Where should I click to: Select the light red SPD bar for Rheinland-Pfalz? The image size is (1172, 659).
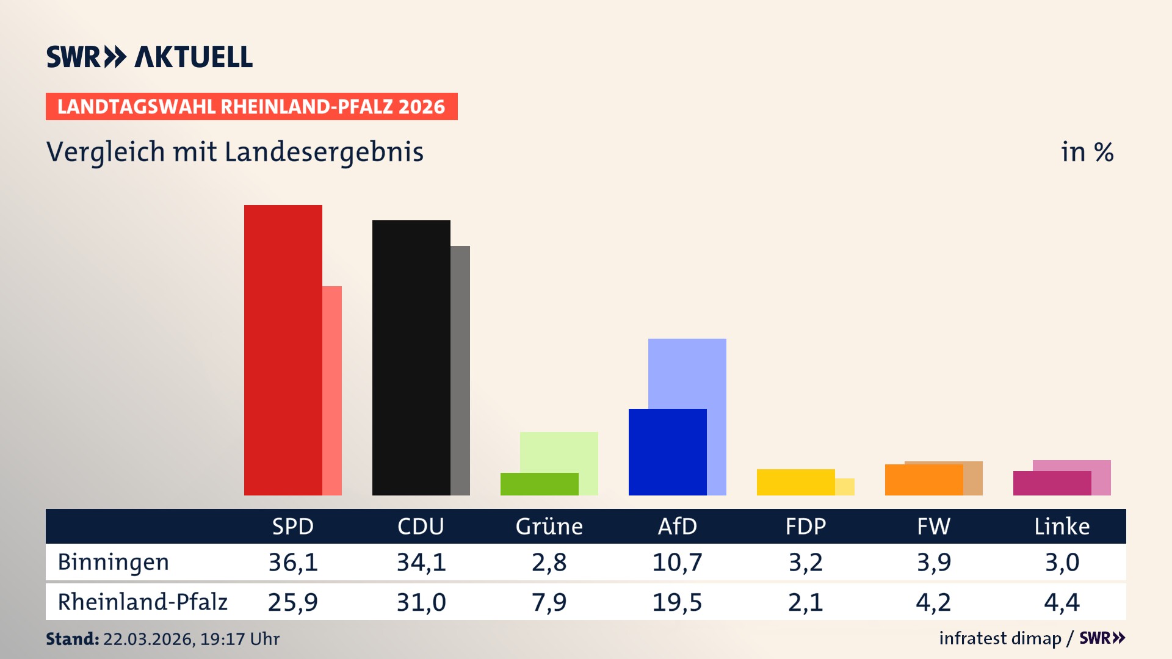tap(332, 391)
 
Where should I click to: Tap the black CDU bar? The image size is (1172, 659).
tap(411, 358)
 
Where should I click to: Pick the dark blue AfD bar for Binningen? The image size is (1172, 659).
tap(667, 452)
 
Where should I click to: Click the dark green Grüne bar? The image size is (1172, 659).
tap(539, 484)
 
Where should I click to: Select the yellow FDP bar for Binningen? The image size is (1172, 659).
tap(795, 482)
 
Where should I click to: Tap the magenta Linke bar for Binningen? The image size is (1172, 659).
tap(1052, 483)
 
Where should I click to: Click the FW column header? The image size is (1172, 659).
tap(933, 526)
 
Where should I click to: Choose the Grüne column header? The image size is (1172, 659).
tap(549, 526)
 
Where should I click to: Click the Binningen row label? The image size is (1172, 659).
tap(113, 562)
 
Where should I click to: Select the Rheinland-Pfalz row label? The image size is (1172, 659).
tap(142, 602)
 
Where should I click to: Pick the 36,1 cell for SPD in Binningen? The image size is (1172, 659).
tap(293, 562)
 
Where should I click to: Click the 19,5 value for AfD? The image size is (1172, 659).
tap(677, 602)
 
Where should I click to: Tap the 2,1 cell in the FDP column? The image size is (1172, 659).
tap(805, 602)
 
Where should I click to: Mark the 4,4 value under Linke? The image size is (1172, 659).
tap(1062, 602)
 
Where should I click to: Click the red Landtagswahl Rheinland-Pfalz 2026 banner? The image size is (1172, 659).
tap(251, 107)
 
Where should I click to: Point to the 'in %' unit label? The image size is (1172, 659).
tap(1087, 152)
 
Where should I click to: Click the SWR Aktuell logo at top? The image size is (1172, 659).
tap(150, 57)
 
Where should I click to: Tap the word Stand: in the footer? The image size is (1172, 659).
tap(72, 639)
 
